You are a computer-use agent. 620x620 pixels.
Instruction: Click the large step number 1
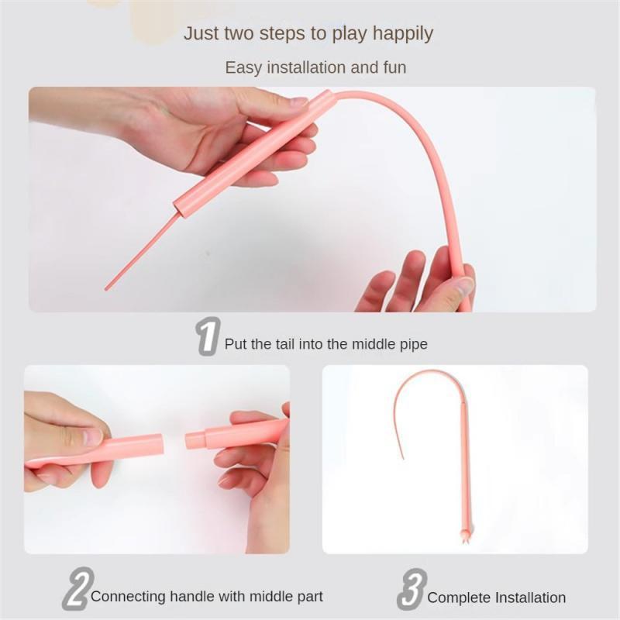tap(208, 336)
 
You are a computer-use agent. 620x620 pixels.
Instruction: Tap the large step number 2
tap(78, 588)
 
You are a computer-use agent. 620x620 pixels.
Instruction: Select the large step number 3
tap(412, 589)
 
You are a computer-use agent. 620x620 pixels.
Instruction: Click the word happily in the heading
tap(402, 33)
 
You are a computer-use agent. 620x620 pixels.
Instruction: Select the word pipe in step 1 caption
tap(414, 344)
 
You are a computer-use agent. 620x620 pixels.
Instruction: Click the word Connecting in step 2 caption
tap(128, 596)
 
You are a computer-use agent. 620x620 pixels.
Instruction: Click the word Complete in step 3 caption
tap(459, 598)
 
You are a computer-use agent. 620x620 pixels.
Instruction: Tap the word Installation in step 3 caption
tap(530, 597)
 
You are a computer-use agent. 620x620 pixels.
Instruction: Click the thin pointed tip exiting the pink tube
tap(106, 288)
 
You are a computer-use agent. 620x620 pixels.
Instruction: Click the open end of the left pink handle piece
tap(161, 443)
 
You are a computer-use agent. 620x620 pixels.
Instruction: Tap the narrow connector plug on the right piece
tap(195, 440)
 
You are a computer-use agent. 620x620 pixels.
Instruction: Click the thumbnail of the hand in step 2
tap(92, 436)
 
